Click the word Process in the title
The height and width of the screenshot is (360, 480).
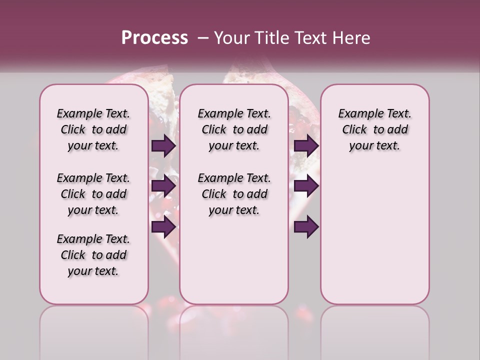(x=154, y=38)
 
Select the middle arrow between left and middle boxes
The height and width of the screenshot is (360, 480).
(x=163, y=186)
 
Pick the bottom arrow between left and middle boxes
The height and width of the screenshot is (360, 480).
(x=163, y=227)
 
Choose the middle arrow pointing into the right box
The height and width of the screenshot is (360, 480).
(x=306, y=186)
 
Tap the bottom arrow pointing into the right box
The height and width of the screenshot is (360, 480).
(x=306, y=227)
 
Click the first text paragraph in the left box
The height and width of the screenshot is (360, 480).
(x=93, y=129)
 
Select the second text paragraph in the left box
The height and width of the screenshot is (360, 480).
(x=93, y=194)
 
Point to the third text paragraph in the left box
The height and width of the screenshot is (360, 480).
(x=93, y=255)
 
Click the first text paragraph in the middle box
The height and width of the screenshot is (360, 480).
(x=234, y=129)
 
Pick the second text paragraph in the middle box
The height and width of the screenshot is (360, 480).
(x=234, y=194)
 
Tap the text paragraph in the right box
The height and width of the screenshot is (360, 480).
(x=375, y=129)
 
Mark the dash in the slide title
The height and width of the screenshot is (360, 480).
(x=202, y=38)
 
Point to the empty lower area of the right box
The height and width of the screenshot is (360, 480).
(x=375, y=235)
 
